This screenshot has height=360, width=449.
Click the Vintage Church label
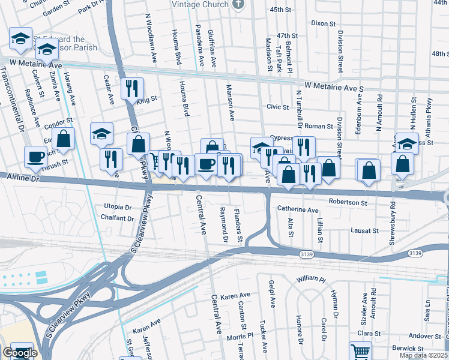(x=200, y=4)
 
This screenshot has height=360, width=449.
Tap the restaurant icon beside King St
(x=132, y=88)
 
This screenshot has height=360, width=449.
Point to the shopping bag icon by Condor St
(x=64, y=139)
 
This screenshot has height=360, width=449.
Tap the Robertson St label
(x=348, y=203)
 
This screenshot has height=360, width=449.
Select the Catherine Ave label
(x=298, y=210)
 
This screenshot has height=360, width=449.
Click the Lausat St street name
(x=364, y=230)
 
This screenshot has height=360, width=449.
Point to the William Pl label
(x=311, y=280)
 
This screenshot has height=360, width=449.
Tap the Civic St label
(x=277, y=107)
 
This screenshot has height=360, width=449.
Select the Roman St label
(x=319, y=126)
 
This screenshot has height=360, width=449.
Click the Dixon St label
(x=323, y=23)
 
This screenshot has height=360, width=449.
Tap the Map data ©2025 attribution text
(x=423, y=355)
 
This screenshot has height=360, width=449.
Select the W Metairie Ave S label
(x=334, y=88)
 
